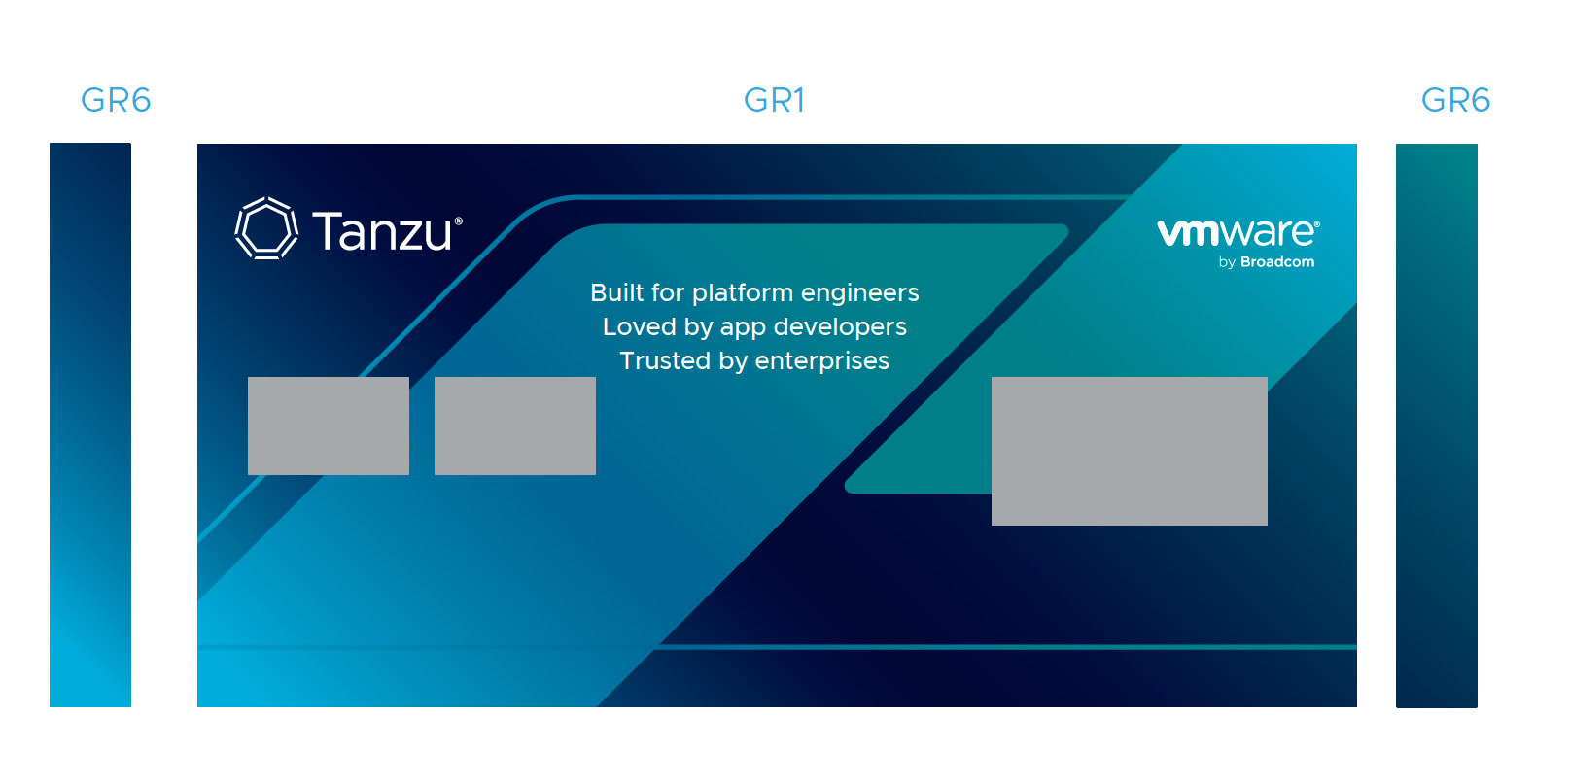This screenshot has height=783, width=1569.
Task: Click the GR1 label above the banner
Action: pyautogui.click(x=774, y=100)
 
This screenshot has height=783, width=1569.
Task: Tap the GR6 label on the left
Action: pyautogui.click(x=116, y=100)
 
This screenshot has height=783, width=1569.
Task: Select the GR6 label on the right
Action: pyautogui.click(x=1455, y=100)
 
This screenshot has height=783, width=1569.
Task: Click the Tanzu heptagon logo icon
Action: pyautogui.click(x=266, y=229)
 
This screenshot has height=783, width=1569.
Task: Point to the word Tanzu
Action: pyautogui.click(x=382, y=231)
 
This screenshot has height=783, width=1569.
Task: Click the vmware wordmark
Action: pyautogui.click(x=1237, y=232)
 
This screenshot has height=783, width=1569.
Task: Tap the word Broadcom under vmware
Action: pyautogui.click(x=1277, y=262)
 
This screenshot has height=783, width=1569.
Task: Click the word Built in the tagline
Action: pyautogui.click(x=616, y=292)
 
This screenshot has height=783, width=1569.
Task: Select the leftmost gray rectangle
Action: pyautogui.click(x=329, y=426)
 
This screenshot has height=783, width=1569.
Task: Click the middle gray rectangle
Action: pyautogui.click(x=515, y=426)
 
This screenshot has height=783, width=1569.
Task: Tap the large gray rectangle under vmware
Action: pyautogui.click(x=1129, y=451)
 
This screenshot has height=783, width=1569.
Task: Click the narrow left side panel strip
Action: pyautogui.click(x=90, y=425)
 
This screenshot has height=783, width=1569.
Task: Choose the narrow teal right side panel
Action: pyautogui.click(x=1436, y=425)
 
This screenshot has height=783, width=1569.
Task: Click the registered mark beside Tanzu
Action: pyautogui.click(x=459, y=221)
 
